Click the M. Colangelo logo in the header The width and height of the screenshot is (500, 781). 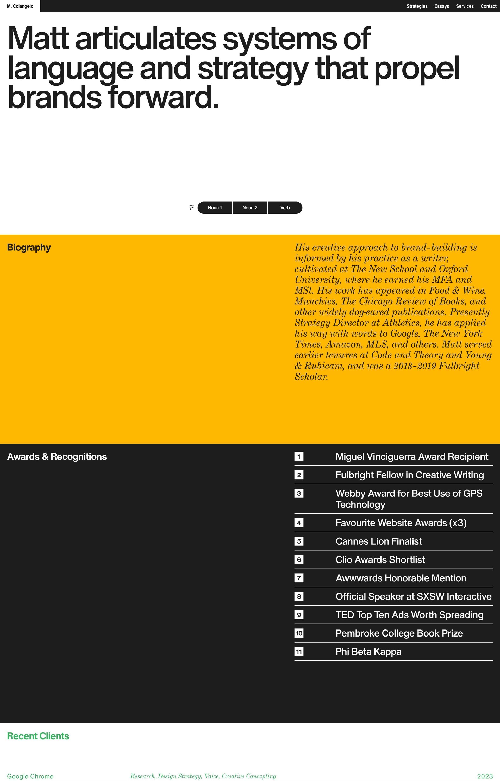[20, 6]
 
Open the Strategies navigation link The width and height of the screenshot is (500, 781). [417, 6]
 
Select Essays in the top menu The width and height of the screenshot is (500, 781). [442, 6]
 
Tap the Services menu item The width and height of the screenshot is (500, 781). [465, 6]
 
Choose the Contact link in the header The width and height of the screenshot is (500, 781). [488, 6]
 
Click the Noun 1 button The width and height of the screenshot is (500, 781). [215, 208]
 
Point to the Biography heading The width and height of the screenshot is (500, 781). [29, 247]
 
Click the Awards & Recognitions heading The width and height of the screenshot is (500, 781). [57, 457]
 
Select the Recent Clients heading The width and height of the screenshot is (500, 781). [38, 736]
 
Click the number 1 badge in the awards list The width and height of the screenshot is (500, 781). [299, 457]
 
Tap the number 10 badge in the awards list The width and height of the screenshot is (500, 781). [299, 633]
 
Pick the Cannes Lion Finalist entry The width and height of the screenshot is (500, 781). [379, 541]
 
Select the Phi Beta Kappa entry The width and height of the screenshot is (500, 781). [368, 652]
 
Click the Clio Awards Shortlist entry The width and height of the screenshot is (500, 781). [380, 560]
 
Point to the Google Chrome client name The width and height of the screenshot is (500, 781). [30, 776]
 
